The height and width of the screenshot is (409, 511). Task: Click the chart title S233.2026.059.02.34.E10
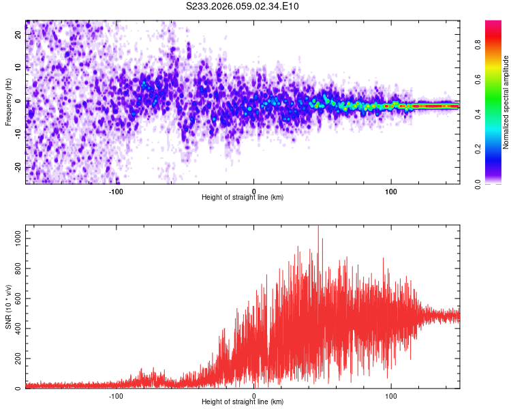point(243,6)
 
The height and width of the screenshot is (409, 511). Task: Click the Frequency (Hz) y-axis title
point(8,102)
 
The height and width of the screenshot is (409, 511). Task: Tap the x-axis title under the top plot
point(243,197)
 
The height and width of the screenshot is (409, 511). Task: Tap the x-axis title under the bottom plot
point(243,402)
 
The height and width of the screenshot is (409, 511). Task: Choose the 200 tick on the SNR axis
point(16,359)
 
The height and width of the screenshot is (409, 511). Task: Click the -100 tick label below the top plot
point(115,190)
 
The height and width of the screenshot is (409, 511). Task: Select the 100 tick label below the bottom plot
point(391,395)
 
